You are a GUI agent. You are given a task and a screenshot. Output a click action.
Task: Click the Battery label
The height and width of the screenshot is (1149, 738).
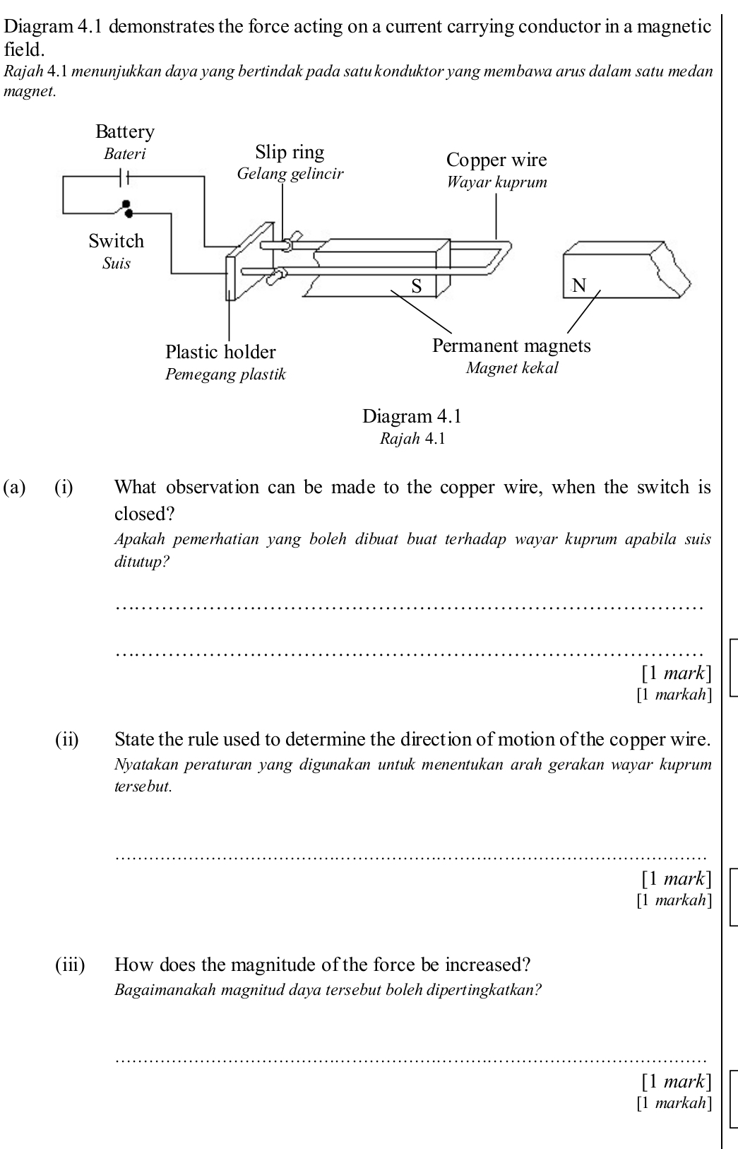(125, 132)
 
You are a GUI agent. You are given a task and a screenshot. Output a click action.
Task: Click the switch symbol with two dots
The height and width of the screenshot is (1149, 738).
(127, 207)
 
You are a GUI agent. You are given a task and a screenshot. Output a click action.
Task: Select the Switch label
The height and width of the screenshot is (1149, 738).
(117, 241)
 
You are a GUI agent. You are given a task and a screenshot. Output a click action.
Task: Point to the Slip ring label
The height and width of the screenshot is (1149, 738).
(290, 153)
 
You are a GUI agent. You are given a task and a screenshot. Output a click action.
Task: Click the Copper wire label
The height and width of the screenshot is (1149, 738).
(496, 160)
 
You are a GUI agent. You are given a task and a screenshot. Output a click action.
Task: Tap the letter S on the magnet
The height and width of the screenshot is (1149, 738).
(417, 285)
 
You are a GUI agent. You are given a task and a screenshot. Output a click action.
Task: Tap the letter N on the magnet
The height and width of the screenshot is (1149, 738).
(579, 285)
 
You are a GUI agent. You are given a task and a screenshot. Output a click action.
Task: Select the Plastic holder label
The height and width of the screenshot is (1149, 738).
(220, 352)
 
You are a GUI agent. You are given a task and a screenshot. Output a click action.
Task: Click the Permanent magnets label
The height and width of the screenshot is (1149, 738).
(511, 346)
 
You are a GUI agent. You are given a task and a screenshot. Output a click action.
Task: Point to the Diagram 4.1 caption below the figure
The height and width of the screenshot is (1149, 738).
(412, 416)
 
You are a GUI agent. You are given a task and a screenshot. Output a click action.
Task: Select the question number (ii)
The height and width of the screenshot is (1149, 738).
(67, 740)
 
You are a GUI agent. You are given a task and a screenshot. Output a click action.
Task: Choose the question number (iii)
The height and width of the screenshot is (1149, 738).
(70, 965)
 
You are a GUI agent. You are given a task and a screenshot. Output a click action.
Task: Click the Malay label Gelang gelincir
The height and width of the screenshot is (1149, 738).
(290, 174)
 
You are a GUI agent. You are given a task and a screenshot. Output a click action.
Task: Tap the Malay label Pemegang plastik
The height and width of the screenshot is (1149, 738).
(225, 375)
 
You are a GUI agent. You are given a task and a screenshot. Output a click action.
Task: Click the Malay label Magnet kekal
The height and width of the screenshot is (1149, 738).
(512, 368)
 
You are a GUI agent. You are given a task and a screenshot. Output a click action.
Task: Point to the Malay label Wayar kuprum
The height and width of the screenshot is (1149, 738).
(496, 182)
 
